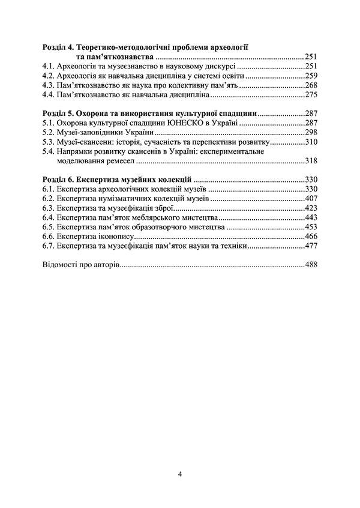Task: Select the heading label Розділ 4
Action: click(59, 46)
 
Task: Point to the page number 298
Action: click(310, 132)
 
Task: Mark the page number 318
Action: click(310, 161)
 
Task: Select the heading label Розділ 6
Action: click(59, 179)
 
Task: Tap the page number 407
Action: click(310, 198)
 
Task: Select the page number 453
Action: click(310, 227)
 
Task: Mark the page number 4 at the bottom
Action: click(180, 474)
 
